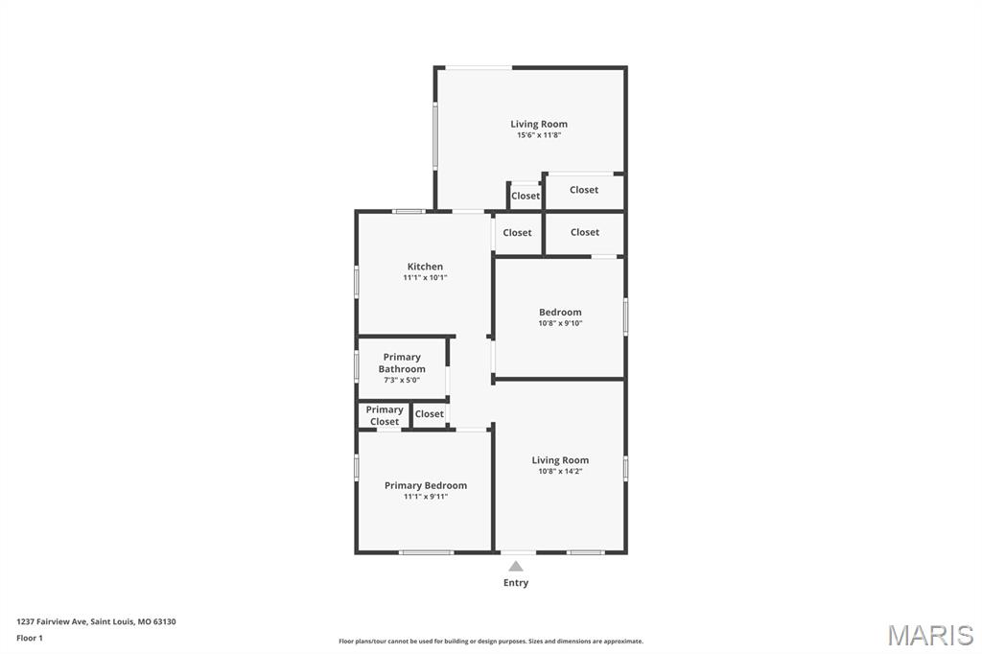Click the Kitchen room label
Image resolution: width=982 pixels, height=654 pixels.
coord(425,267)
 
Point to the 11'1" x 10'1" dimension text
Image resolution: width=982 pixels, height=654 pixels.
coord(425,278)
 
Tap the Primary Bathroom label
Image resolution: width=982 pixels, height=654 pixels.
coord(402,362)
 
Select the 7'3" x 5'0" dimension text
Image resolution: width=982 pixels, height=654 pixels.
coord(402,381)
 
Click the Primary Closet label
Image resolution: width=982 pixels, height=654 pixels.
coord(385,415)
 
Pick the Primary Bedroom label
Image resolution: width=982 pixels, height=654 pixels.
coord(426,485)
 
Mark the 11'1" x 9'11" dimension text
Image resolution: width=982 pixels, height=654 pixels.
coord(426,497)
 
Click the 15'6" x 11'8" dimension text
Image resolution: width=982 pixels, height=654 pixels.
coord(539,135)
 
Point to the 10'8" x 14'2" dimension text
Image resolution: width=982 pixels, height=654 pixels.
coord(560,472)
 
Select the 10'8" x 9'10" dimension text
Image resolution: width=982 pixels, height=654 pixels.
coord(560,323)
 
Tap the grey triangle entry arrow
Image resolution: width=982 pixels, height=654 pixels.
coord(516,566)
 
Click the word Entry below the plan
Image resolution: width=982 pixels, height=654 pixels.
coord(516,583)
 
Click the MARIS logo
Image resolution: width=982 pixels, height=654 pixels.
coord(930,634)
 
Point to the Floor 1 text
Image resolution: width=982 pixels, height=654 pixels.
coord(30,638)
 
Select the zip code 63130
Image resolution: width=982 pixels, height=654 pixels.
coord(164,621)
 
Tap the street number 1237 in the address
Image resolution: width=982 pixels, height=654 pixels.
coord(26,621)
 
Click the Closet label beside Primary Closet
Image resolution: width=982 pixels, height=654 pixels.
coord(430,414)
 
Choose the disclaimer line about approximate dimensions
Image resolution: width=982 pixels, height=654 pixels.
coord(490,642)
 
